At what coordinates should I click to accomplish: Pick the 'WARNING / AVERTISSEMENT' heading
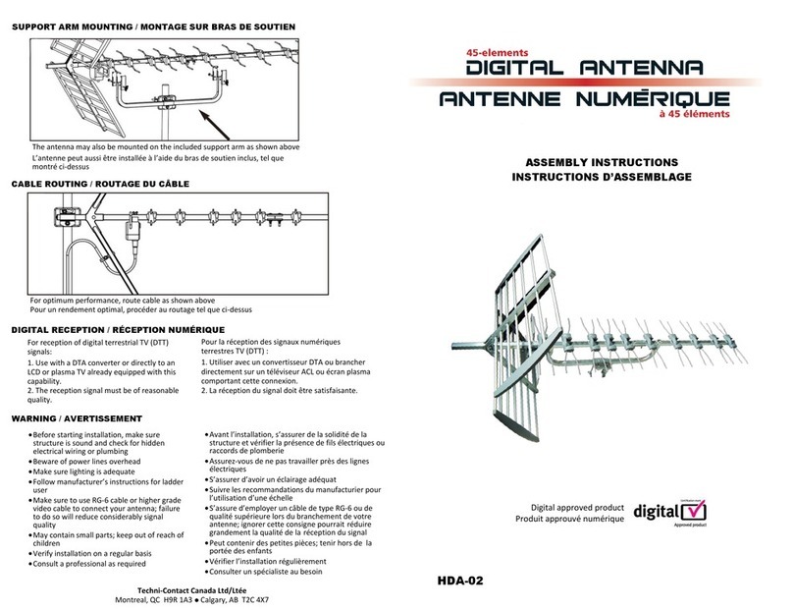(77, 417)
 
